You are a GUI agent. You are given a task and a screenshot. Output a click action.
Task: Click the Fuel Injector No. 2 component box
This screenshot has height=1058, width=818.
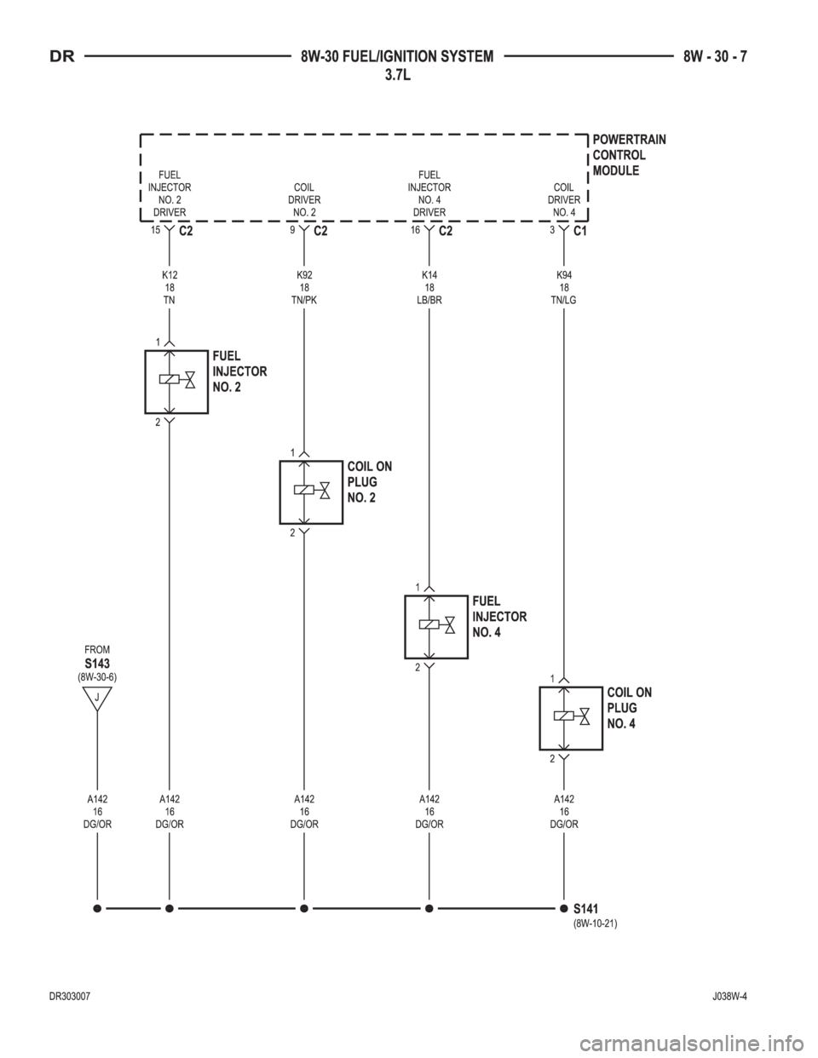146,382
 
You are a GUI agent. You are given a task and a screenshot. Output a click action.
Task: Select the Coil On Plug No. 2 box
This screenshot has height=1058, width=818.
280,492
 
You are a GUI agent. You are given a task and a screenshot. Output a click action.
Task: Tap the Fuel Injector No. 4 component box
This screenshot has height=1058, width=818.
406,627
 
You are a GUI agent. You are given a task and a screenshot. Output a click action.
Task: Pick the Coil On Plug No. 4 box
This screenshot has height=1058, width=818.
540,718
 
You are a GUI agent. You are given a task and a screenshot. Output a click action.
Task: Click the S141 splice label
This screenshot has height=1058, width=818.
585,909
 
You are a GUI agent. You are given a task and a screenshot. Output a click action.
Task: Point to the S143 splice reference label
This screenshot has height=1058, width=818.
97,663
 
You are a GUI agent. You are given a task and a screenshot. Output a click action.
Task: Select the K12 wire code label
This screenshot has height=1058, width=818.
170,275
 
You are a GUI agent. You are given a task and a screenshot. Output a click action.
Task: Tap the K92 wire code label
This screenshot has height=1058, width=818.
304,275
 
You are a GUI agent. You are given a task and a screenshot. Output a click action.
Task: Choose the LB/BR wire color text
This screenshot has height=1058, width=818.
429,301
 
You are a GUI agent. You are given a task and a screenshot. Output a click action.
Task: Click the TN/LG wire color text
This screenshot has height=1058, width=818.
564,301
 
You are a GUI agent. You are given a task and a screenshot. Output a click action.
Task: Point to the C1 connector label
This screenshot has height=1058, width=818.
580,231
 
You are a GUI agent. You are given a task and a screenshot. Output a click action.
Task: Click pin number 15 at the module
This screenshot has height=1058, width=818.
155,230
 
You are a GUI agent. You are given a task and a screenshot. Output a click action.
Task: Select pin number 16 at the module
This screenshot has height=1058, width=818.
415,230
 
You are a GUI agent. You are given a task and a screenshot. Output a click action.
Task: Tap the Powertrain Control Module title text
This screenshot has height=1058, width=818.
629,155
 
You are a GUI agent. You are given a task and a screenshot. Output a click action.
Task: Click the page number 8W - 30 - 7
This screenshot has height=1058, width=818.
715,57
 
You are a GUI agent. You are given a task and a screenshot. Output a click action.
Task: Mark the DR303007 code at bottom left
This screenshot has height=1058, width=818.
70,996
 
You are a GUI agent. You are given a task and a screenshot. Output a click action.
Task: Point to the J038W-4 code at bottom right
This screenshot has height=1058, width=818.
729,996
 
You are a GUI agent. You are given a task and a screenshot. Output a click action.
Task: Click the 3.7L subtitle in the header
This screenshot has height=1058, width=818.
397,76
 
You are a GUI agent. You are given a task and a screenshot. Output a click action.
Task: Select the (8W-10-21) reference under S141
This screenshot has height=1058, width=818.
596,923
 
